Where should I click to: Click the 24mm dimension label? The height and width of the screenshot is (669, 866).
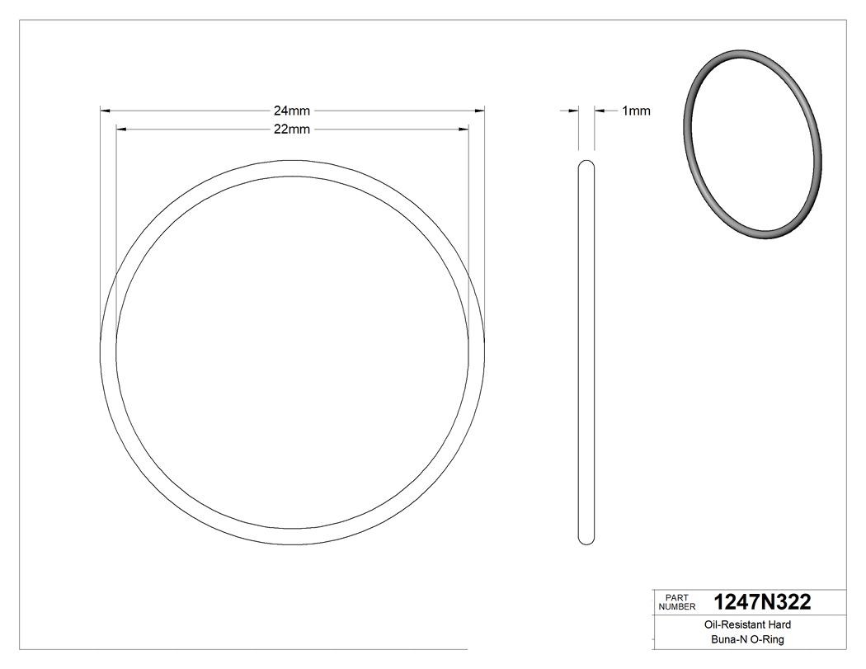tap(292, 110)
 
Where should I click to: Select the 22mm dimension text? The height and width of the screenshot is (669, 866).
tap(292, 129)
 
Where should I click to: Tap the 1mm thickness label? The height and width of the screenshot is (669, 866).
tap(635, 111)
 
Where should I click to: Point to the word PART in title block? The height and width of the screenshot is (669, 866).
tap(675, 598)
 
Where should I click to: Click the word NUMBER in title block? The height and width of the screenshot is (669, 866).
tap(678, 607)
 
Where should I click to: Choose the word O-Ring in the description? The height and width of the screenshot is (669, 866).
tap(768, 639)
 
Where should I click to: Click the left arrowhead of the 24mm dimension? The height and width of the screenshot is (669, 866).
tap(106, 110)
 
